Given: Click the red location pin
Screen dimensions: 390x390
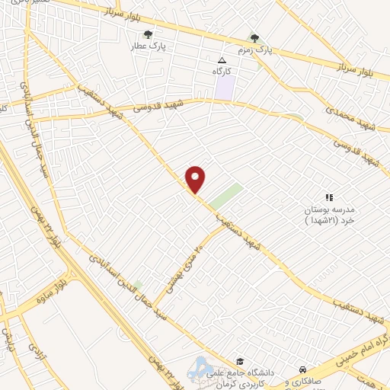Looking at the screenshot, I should (x=197, y=180).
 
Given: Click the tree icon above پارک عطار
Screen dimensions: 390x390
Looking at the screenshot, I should (x=148, y=34).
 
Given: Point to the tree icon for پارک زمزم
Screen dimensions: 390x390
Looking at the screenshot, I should (x=255, y=37).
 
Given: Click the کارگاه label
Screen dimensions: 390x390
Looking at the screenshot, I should (x=222, y=71).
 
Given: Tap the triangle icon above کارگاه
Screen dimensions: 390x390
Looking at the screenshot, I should (x=222, y=60).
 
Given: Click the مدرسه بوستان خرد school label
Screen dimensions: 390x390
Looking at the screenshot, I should (x=329, y=214).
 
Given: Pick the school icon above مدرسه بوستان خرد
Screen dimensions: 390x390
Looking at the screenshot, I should (x=329, y=197).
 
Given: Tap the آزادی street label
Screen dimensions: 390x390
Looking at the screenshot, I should (x=35, y=352).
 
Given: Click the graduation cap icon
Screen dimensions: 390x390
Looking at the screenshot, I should (x=240, y=361).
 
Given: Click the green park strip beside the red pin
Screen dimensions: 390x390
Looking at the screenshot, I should (x=226, y=196).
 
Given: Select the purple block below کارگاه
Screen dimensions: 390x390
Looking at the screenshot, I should (x=224, y=87).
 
